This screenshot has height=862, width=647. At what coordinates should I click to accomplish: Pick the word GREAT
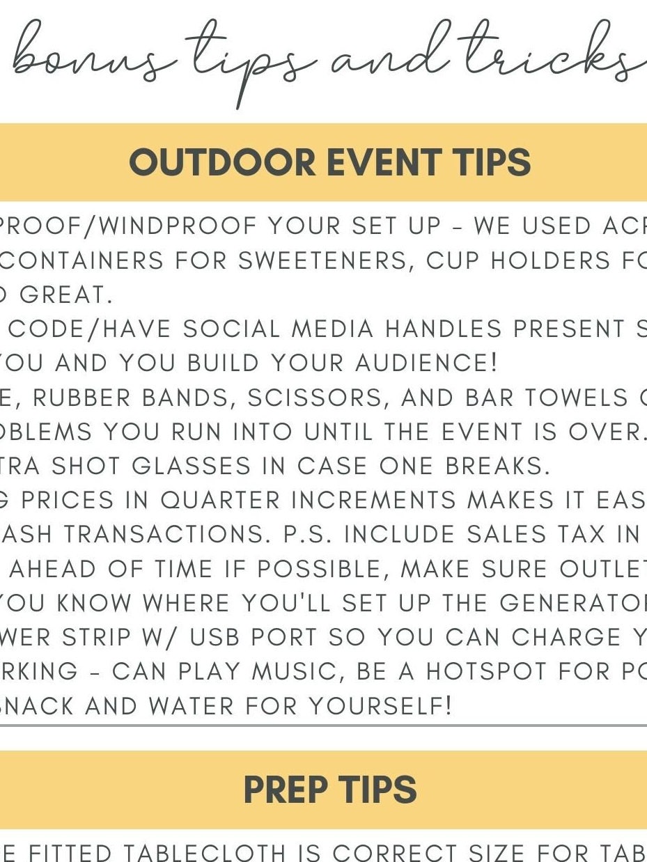pyautogui.click(x=65, y=295)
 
